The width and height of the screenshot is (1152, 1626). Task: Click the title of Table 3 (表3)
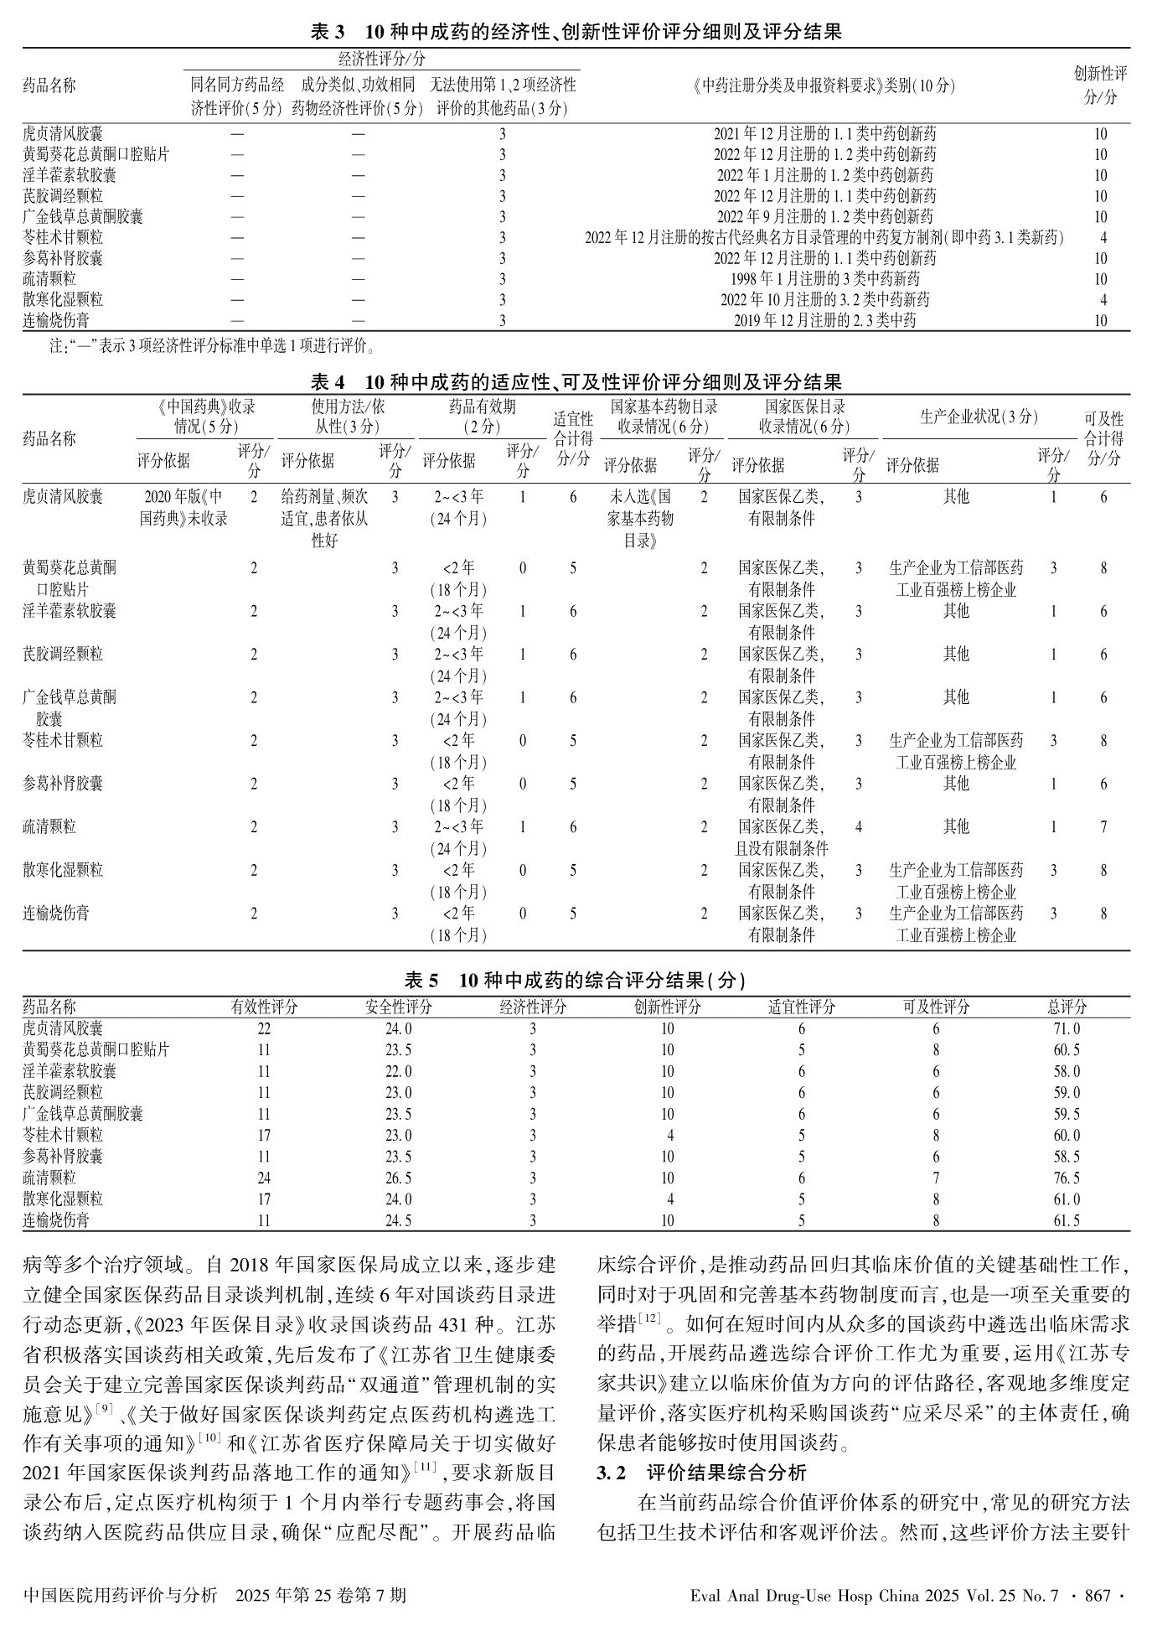point(576,33)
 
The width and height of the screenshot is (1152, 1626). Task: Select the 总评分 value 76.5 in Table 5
point(1067,1178)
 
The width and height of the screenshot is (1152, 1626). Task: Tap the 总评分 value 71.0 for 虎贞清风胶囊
point(1067,1028)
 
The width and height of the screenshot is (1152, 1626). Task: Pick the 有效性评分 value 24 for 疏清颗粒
point(264,1178)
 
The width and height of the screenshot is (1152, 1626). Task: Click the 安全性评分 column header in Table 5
point(399,1007)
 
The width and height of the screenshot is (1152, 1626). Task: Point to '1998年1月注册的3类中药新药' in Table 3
point(824,279)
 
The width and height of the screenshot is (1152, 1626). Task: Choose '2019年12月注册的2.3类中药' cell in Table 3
point(824,320)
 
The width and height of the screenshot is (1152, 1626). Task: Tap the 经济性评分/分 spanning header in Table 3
point(381,60)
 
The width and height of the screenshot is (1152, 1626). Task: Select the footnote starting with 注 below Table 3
point(209,344)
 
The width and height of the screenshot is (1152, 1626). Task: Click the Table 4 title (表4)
point(576,382)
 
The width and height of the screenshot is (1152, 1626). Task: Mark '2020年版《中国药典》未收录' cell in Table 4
point(183,507)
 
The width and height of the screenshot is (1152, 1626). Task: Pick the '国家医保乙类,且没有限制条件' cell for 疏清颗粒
point(781,837)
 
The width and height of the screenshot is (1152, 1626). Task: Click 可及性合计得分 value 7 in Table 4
point(1103,827)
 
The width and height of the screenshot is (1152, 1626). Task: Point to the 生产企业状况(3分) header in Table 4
point(979,417)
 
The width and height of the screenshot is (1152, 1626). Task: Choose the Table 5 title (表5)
point(576,980)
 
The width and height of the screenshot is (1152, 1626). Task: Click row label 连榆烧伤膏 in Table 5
point(56,1220)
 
